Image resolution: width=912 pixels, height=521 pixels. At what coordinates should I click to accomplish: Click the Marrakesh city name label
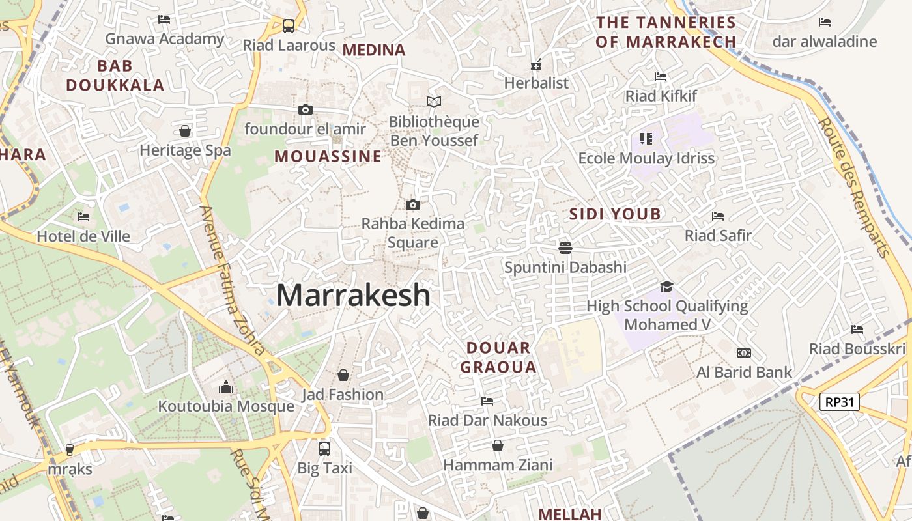point(354,295)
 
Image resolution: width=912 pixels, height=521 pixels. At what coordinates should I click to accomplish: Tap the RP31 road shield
point(840,402)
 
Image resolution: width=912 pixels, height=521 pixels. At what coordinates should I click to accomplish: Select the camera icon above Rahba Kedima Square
point(412,204)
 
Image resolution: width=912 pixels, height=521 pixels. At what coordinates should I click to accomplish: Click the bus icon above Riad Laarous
point(289,26)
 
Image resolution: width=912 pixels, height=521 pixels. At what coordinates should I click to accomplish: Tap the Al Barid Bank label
point(744,373)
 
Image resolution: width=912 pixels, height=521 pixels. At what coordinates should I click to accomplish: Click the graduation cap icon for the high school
point(666,287)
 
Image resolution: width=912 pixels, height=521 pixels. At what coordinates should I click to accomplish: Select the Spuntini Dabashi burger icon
point(565,247)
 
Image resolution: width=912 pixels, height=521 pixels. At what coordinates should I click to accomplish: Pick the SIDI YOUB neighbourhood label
point(615,214)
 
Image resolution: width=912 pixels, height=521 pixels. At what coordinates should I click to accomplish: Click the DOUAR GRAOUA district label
point(498,357)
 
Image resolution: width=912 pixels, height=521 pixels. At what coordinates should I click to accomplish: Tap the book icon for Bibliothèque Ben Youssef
point(433,102)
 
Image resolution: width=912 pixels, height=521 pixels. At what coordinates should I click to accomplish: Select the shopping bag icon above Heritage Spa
point(185,131)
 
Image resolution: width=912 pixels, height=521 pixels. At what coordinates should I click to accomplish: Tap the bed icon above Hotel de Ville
point(83,217)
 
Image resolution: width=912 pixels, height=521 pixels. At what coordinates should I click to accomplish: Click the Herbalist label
point(536,83)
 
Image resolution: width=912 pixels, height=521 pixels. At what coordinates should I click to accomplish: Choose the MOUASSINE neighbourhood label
point(328,156)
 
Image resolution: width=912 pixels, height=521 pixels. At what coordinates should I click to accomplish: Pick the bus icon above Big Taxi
point(324,448)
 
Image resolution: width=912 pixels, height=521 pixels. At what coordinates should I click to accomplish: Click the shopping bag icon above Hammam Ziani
point(498,445)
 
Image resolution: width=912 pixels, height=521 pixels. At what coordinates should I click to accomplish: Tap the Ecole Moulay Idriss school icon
point(646,138)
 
